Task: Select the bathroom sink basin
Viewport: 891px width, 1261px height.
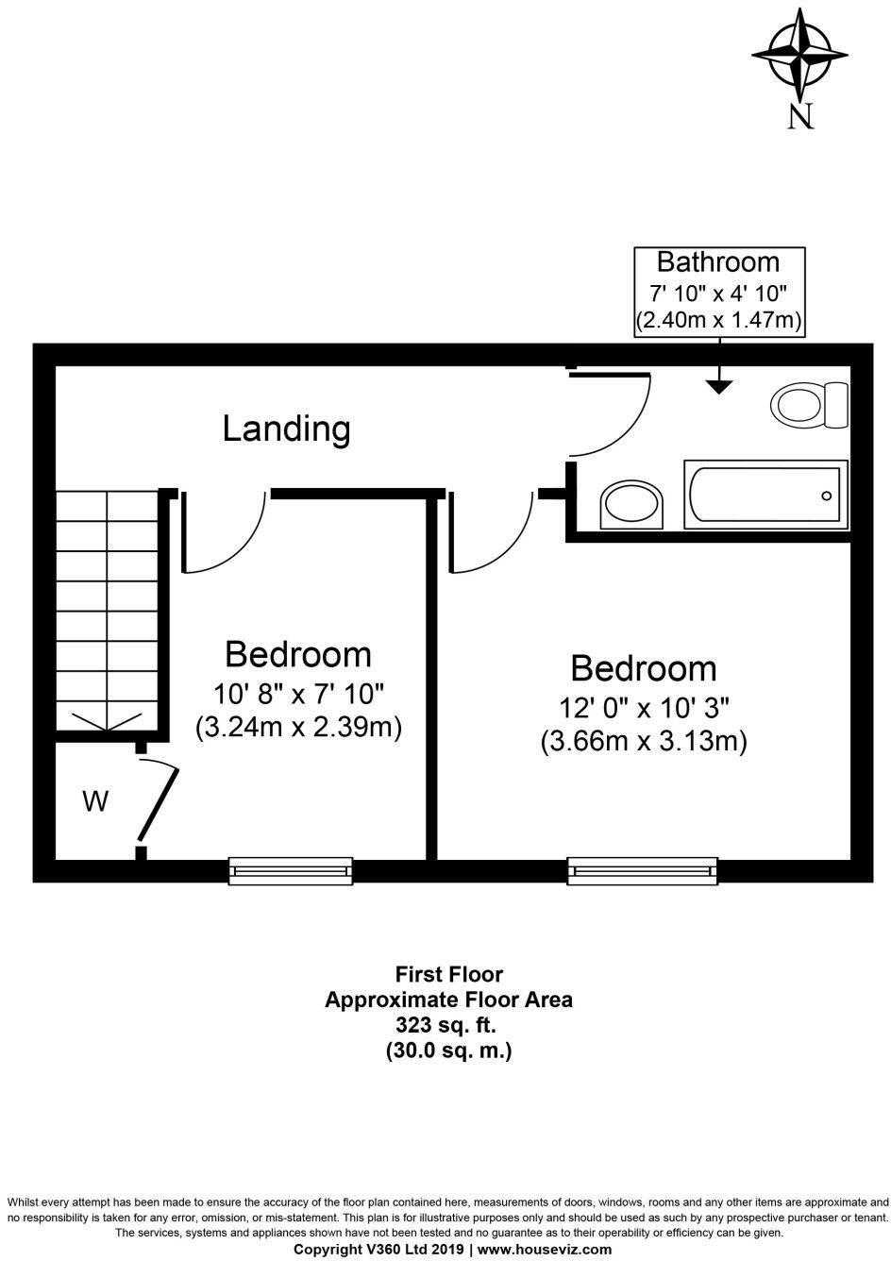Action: [x=631, y=504]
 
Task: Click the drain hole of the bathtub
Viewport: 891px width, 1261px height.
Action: [x=826, y=496]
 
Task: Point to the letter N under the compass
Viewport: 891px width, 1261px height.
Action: [x=800, y=115]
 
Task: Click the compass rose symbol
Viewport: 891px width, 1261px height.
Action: [x=799, y=55]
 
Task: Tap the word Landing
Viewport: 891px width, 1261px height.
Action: [x=286, y=429]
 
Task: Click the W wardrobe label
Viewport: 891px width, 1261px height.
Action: [x=95, y=801]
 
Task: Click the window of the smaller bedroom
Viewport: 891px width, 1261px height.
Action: [x=291, y=871]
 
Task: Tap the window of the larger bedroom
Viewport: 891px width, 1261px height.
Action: [x=642, y=871]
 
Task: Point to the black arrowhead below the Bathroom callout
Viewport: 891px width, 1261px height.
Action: [x=719, y=387]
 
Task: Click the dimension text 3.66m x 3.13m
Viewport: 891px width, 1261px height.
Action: [x=644, y=741]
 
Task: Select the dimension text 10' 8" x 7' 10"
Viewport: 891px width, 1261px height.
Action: [x=298, y=694]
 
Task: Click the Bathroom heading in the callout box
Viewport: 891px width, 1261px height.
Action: [x=719, y=262]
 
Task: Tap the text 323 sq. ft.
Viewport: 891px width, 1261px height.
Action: [x=445, y=1026]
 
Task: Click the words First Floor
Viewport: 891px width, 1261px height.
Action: [x=448, y=974]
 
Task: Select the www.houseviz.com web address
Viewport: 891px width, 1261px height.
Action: [x=545, y=1249]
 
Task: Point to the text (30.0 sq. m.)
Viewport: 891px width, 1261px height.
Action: [x=448, y=1051]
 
